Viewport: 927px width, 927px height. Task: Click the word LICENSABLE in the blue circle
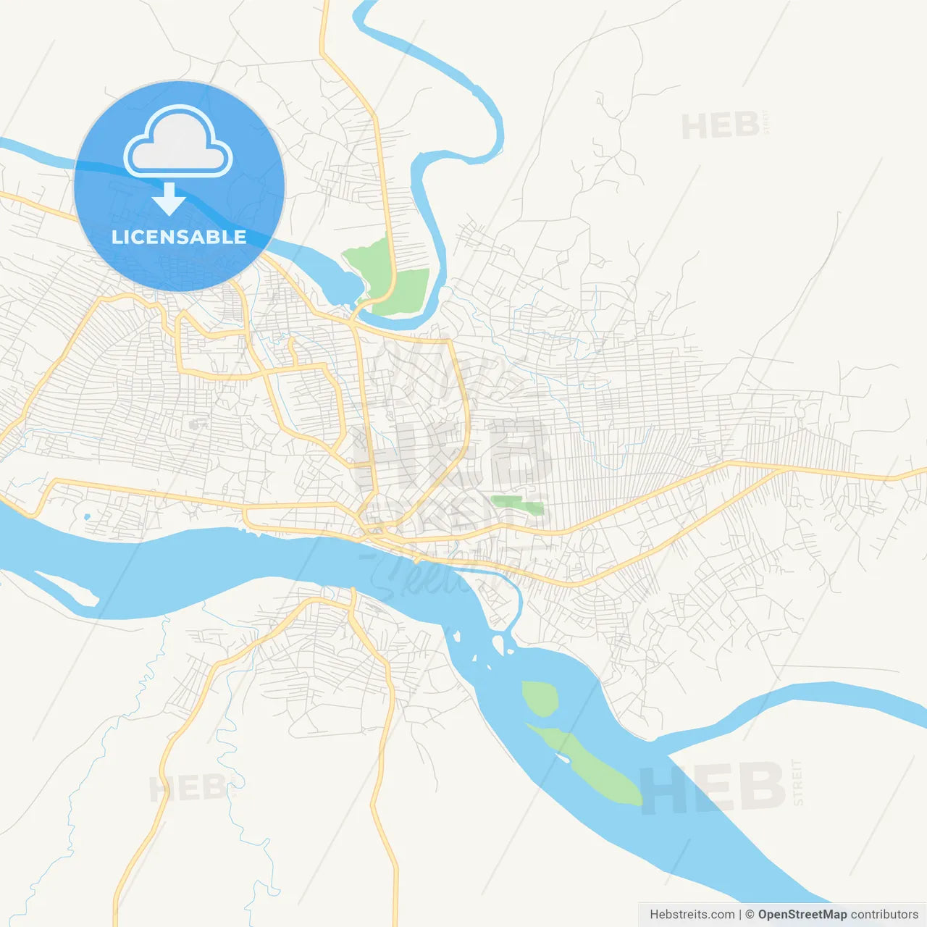coord(179,237)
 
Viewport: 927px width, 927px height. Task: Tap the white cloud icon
coord(178,143)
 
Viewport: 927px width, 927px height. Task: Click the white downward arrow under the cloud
coord(169,199)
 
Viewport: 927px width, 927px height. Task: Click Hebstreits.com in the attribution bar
coord(692,915)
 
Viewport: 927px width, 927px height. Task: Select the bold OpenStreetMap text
coord(802,915)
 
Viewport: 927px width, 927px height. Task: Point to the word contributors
coord(884,915)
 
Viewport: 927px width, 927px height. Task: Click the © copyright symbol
coord(750,915)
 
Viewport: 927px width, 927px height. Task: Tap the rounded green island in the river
coord(539,698)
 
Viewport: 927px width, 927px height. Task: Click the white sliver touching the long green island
coord(561,758)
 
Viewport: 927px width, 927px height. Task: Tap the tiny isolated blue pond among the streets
coord(87,516)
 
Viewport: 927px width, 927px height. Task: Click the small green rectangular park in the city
coord(517,504)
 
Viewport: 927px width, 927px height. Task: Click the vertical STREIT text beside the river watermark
coord(798,782)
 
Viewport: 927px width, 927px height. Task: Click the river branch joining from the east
coord(797,699)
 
